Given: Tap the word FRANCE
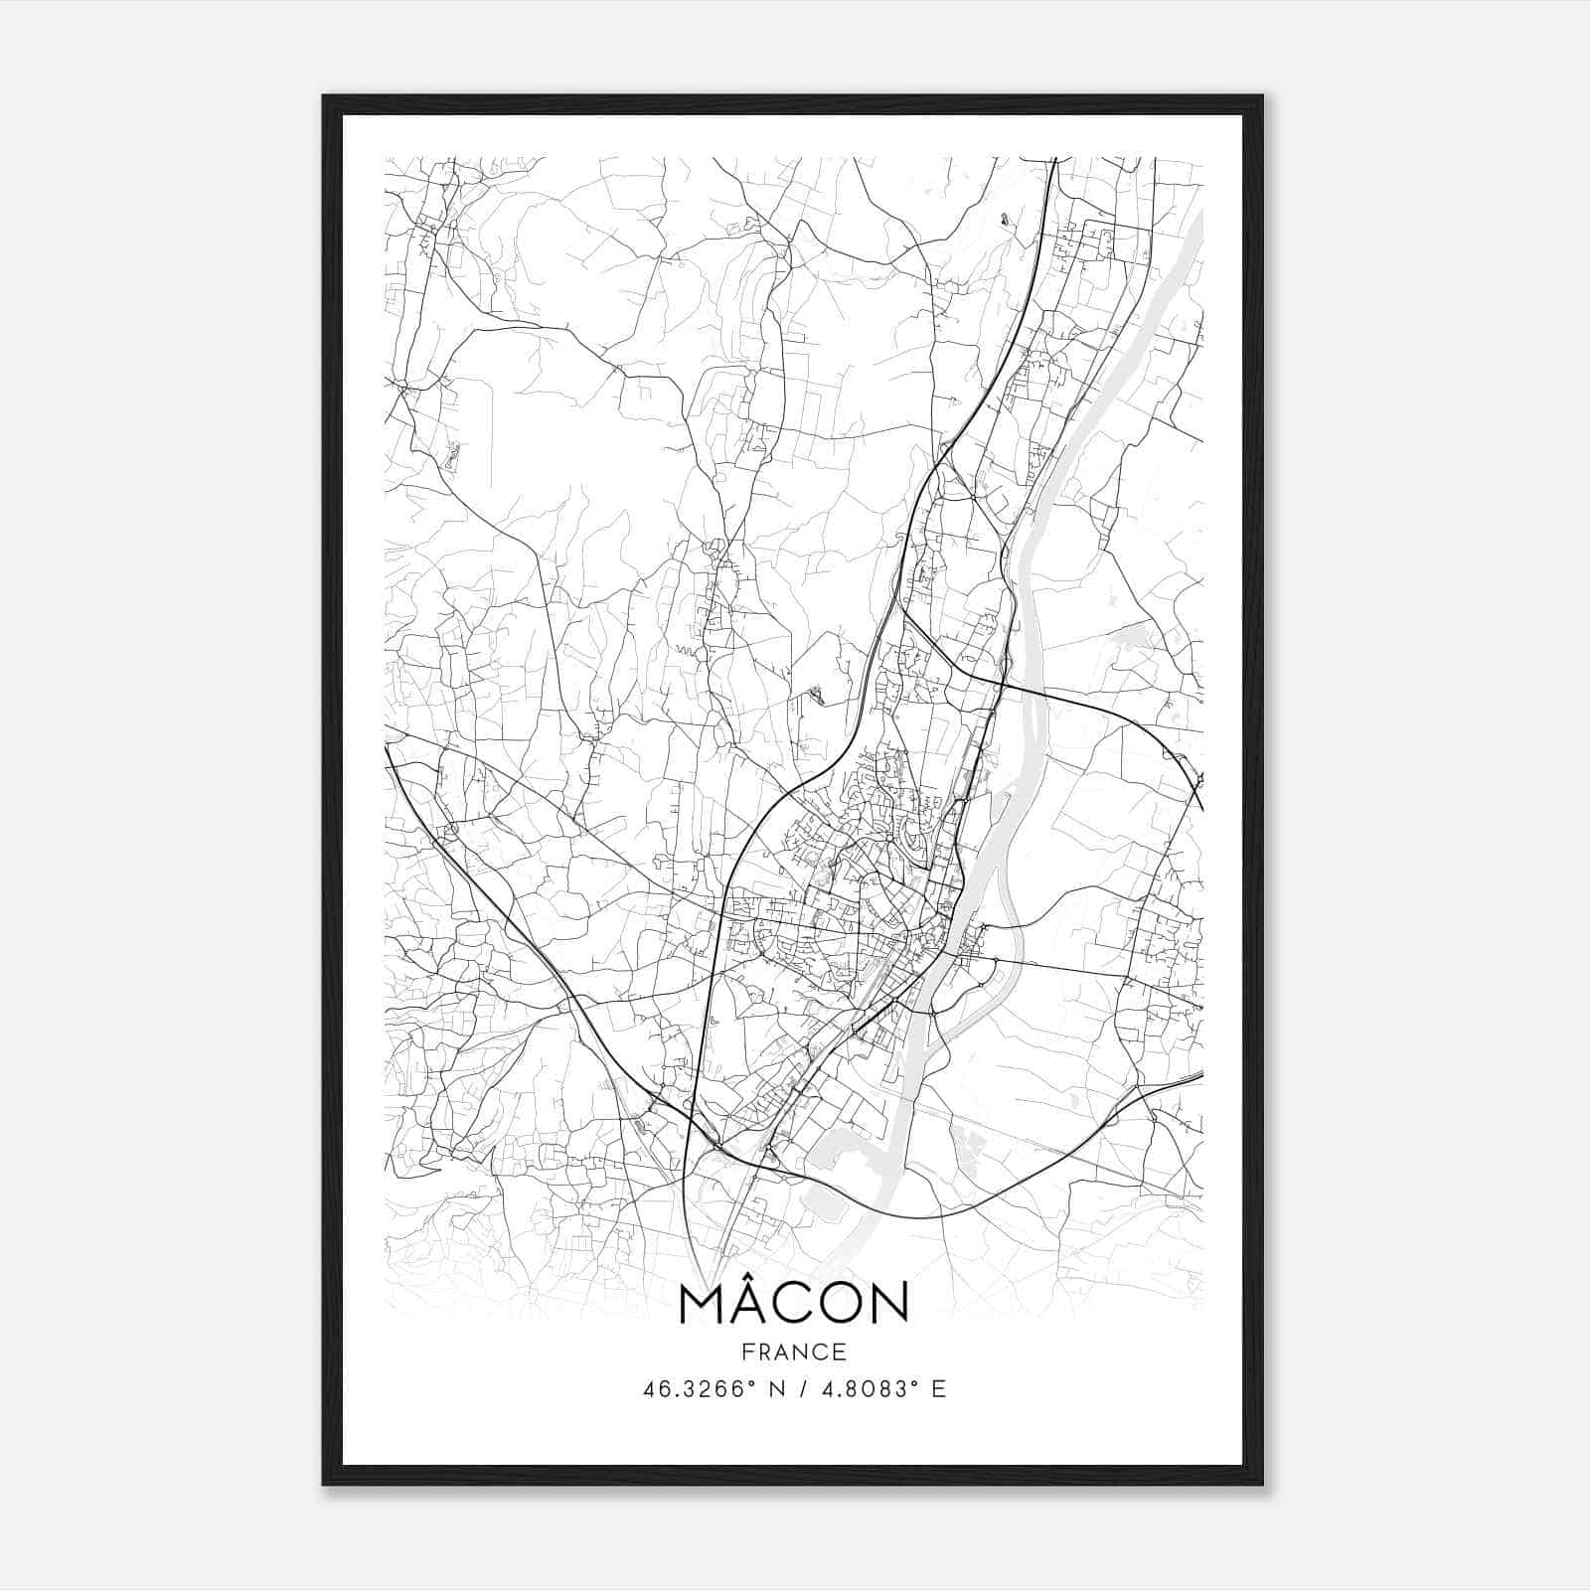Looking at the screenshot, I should click(x=793, y=1351).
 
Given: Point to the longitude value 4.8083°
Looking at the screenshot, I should click(x=863, y=1389).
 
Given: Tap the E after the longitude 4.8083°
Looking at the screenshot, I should click(x=938, y=1389).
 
